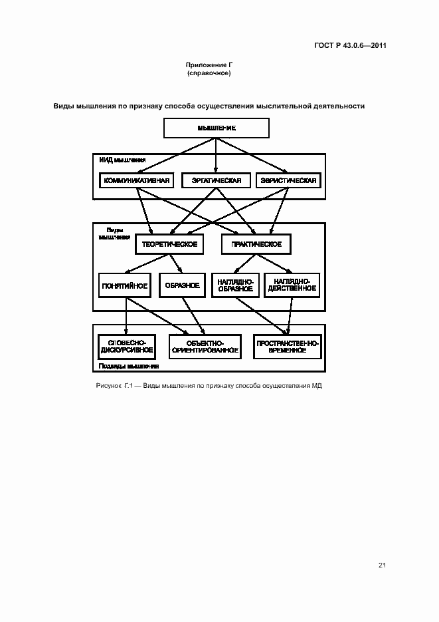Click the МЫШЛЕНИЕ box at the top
216,128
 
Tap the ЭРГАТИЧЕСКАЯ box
216,180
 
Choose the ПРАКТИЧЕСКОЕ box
256,244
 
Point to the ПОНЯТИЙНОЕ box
124,285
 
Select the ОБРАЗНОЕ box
183,285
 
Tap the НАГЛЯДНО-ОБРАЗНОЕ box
235,285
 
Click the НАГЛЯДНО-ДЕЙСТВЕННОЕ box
292,285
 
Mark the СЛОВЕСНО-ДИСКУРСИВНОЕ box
126,345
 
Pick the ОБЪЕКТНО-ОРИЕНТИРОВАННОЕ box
204,345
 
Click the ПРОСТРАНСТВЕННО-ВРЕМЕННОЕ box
288,345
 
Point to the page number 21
382,565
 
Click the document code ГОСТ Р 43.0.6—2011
350,45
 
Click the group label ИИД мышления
122,160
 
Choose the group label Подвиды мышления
128,366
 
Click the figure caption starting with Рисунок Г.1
209,386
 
